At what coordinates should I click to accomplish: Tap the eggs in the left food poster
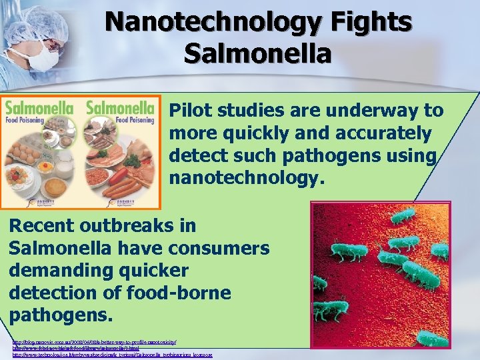[x=21, y=153]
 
